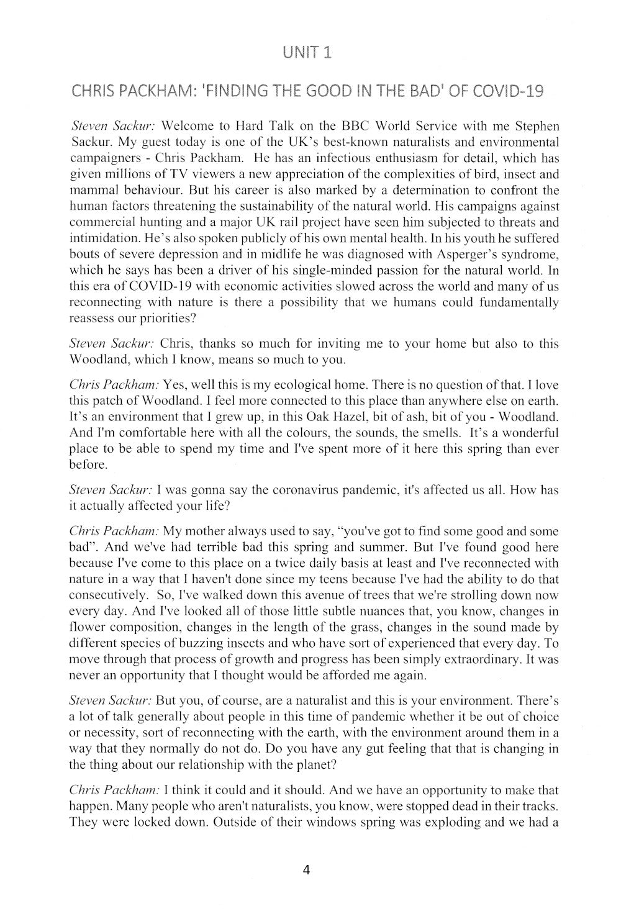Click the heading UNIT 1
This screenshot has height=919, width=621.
307,52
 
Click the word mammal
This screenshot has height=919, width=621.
91,190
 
